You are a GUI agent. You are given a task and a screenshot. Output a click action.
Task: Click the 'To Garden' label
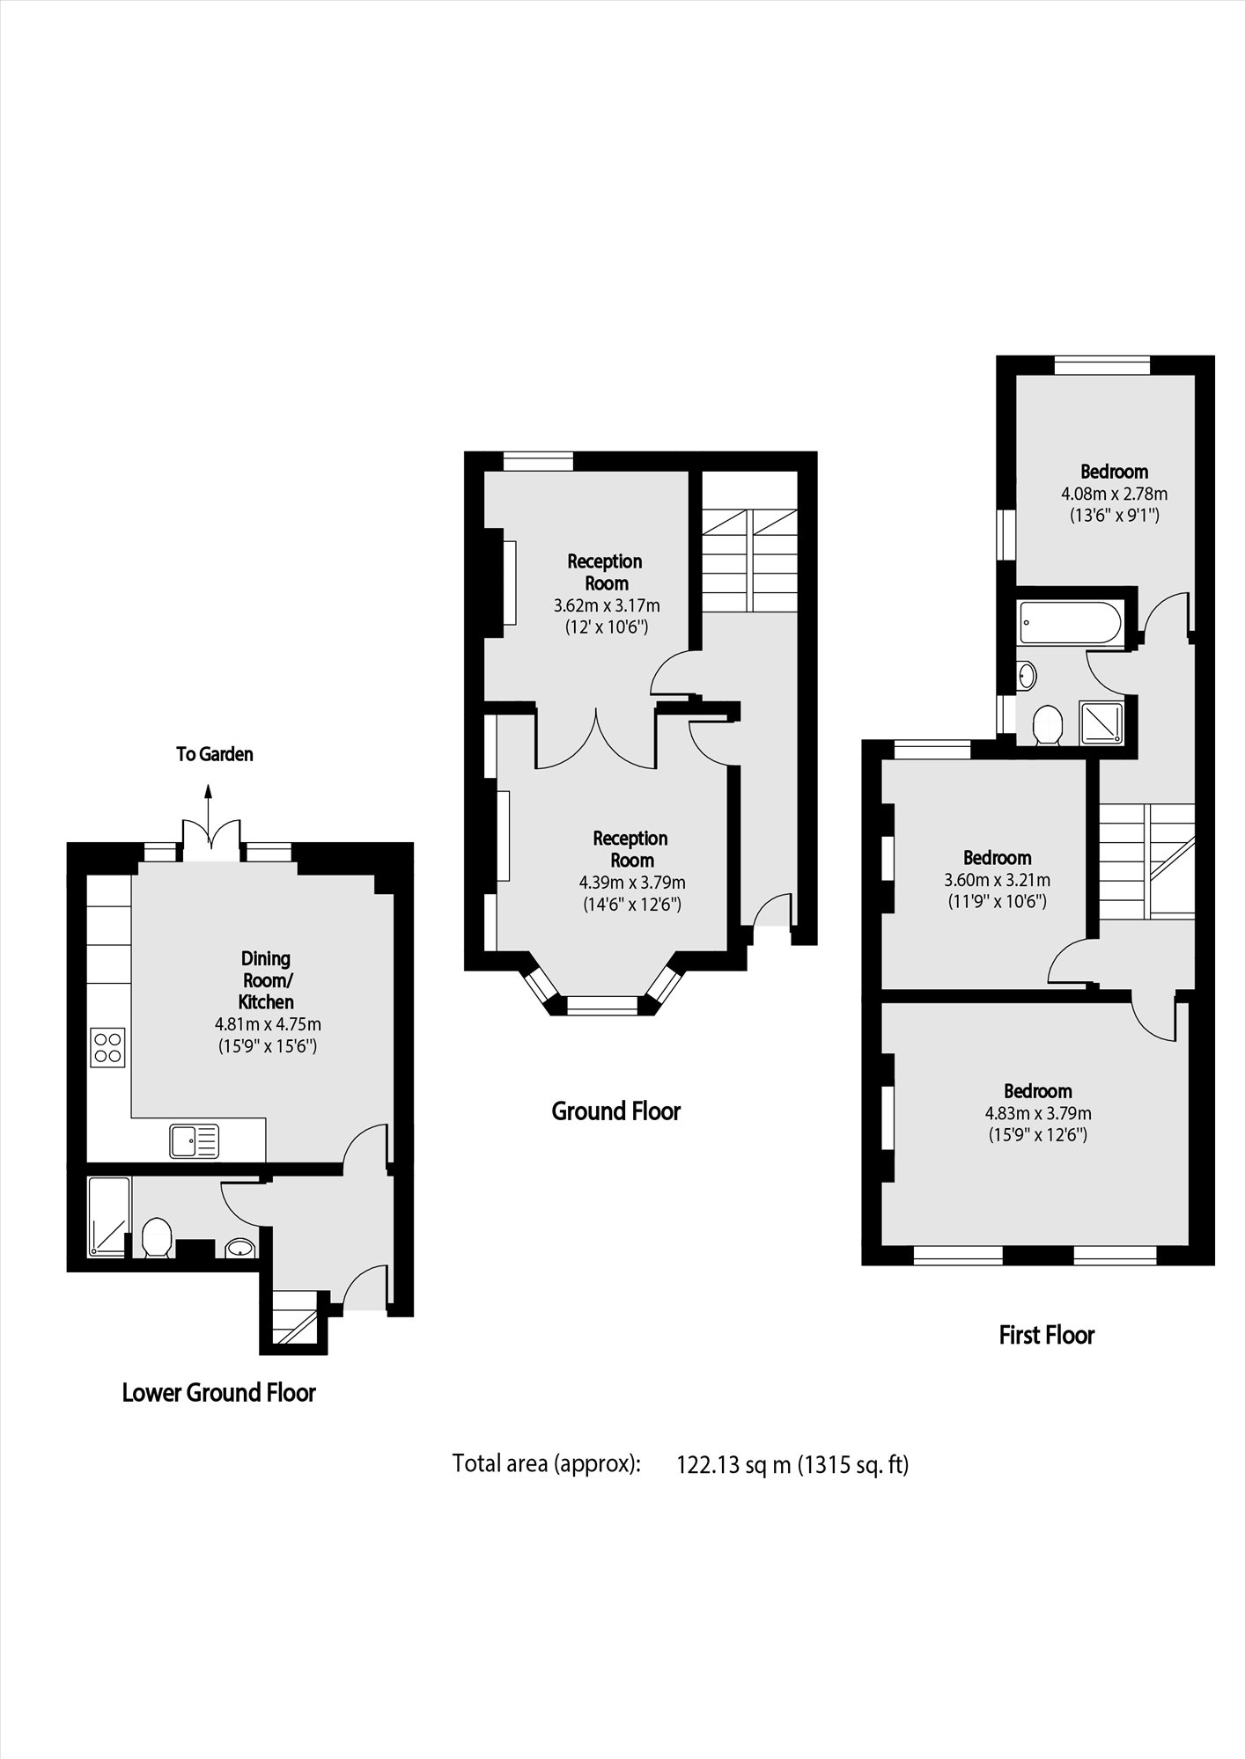pyautogui.click(x=214, y=754)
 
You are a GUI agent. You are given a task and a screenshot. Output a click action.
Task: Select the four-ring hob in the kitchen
pyautogui.click(x=108, y=1047)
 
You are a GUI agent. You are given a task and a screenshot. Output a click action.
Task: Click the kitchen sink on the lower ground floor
pyautogui.click(x=194, y=1141)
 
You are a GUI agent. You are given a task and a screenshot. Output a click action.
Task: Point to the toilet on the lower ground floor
pyautogui.click(x=156, y=1237)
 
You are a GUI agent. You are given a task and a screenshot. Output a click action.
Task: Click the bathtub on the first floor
pyautogui.click(x=1070, y=624)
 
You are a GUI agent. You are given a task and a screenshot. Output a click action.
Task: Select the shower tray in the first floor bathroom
pyautogui.click(x=1101, y=722)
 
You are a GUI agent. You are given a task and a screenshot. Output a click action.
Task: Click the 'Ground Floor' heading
pyautogui.click(x=615, y=1111)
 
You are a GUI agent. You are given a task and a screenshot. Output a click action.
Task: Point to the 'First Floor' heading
pyautogui.click(x=1046, y=1335)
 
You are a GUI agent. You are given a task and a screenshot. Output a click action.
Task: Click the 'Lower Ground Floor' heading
pyautogui.click(x=218, y=1392)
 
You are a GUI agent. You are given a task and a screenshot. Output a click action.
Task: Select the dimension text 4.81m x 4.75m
pyautogui.click(x=268, y=1024)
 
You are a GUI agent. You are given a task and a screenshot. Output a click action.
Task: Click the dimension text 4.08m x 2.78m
pyautogui.click(x=1114, y=494)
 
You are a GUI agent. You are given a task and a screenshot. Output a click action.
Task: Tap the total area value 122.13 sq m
pyautogui.click(x=733, y=1464)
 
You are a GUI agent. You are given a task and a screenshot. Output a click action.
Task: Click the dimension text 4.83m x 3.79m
pyautogui.click(x=1038, y=1113)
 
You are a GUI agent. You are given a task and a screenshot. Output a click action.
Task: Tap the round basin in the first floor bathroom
pyautogui.click(x=1027, y=676)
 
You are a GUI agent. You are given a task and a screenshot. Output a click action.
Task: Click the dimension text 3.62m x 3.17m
pyautogui.click(x=606, y=605)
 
